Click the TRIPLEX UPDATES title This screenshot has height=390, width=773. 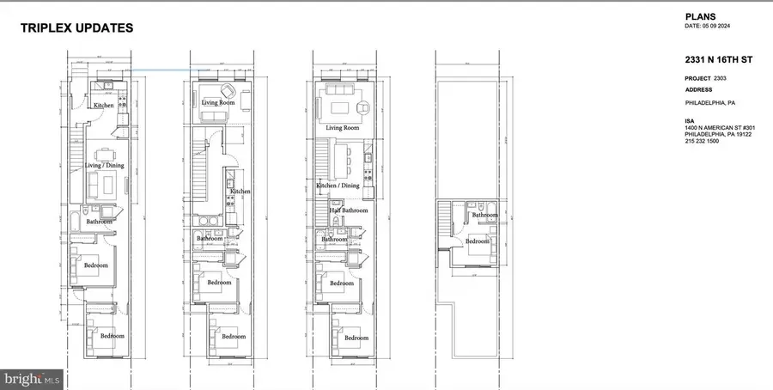(x=76, y=28)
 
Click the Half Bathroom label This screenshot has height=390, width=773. (x=349, y=210)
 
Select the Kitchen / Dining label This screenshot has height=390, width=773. (x=339, y=186)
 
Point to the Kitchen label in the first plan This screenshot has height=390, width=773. (x=104, y=106)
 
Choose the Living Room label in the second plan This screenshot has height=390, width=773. (x=218, y=103)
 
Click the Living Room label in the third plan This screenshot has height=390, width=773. (x=342, y=128)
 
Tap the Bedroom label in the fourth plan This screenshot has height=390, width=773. (x=478, y=241)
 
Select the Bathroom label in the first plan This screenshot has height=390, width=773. (x=99, y=222)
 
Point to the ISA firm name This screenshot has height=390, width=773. (x=690, y=119)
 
